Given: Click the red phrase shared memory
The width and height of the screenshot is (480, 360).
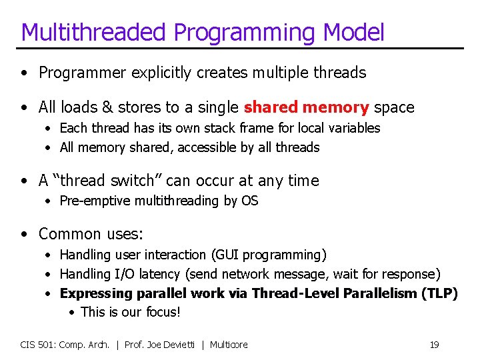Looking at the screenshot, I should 306,107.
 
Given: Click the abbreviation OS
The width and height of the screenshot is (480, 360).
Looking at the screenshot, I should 250,201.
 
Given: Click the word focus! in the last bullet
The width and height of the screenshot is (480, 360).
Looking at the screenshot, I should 163,312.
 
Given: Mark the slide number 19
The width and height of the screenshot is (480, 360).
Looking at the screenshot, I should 434,345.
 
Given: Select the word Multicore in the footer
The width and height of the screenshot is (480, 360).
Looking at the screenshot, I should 229,345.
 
